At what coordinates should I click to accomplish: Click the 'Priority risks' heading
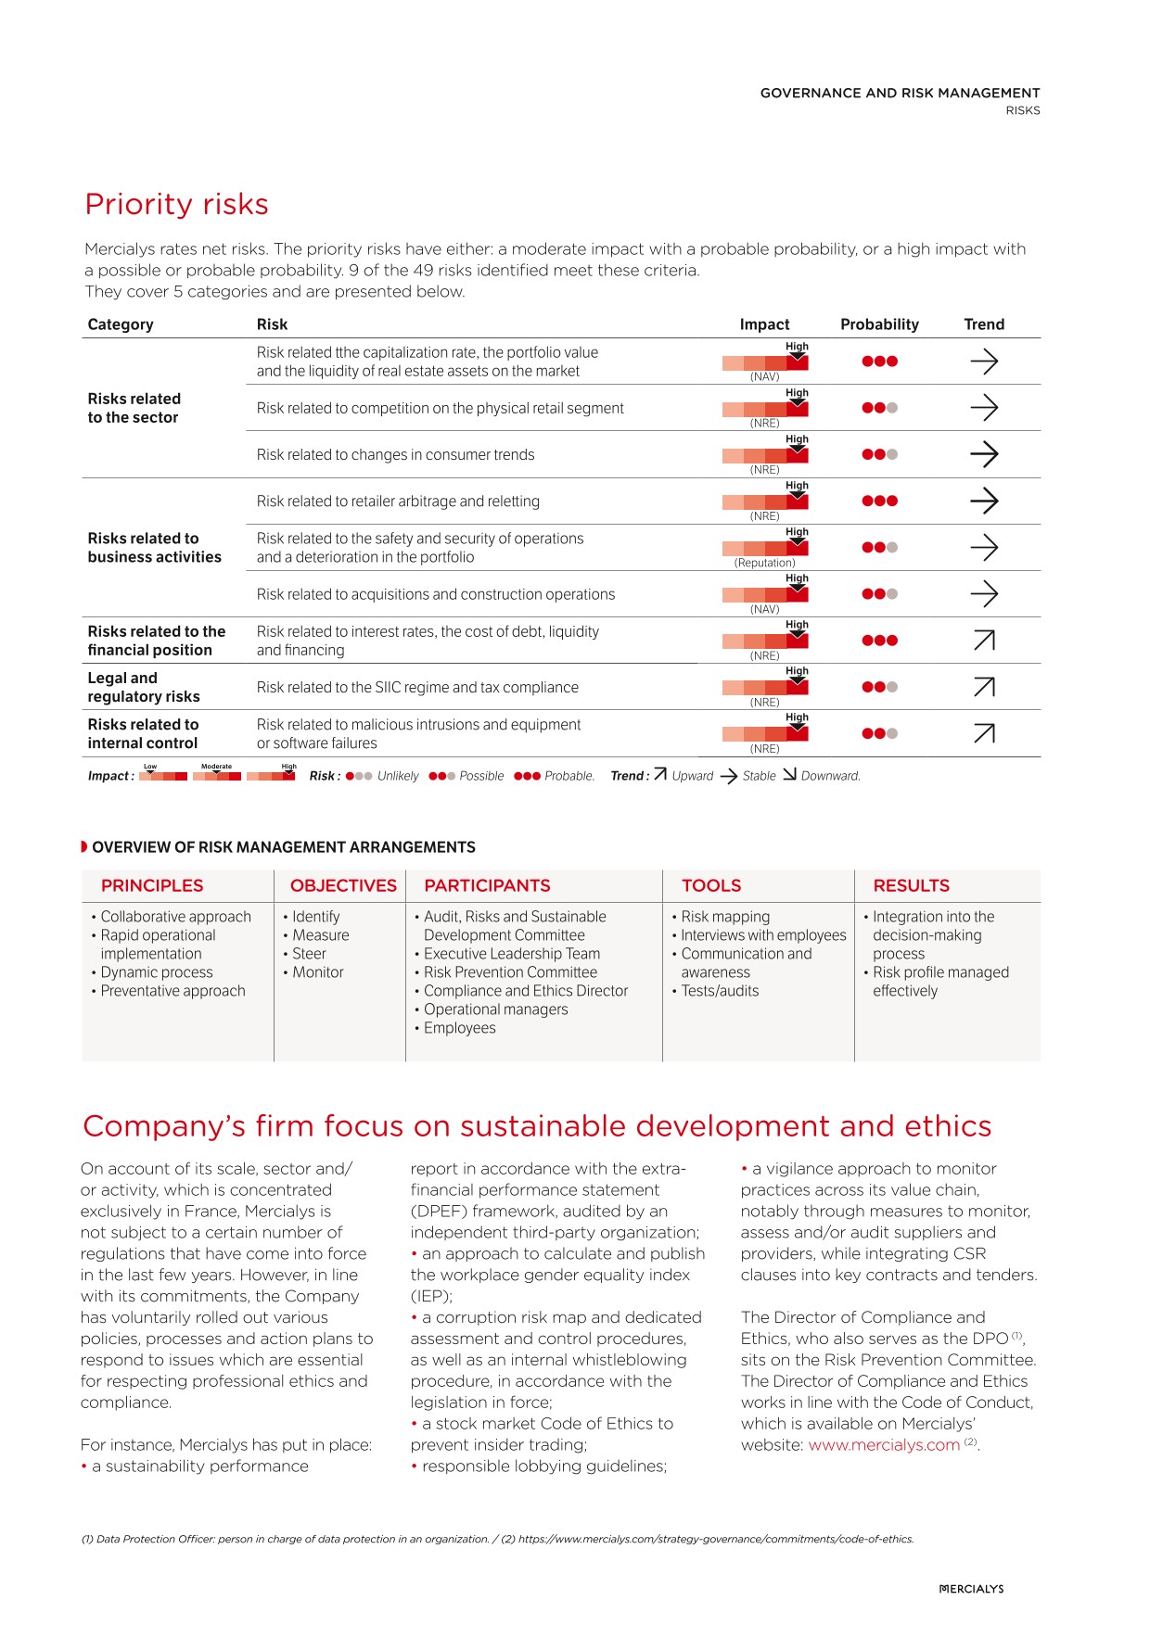176,204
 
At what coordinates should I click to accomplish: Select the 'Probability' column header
879,324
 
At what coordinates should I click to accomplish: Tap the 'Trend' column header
983,324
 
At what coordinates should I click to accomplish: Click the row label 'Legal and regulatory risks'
144,687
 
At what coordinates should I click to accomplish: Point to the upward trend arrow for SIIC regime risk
984,687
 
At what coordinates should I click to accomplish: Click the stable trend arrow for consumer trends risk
984,454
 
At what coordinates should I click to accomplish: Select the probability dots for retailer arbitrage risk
879,501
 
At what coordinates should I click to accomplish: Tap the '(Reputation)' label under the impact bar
764,563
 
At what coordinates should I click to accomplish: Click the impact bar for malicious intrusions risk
765,733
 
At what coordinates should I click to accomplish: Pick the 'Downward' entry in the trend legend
829,776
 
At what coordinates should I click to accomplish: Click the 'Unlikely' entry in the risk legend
397,776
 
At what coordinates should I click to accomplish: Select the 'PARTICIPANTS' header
487,885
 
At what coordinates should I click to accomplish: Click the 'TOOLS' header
711,885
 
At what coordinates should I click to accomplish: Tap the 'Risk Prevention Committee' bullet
510,972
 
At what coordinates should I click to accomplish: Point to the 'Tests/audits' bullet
720,991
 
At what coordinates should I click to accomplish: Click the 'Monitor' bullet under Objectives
318,972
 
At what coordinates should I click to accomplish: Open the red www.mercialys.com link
884,1445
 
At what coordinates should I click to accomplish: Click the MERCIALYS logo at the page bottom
971,1589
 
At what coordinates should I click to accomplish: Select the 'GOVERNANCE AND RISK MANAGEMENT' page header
900,93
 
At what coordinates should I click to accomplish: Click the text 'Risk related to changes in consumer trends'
396,454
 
